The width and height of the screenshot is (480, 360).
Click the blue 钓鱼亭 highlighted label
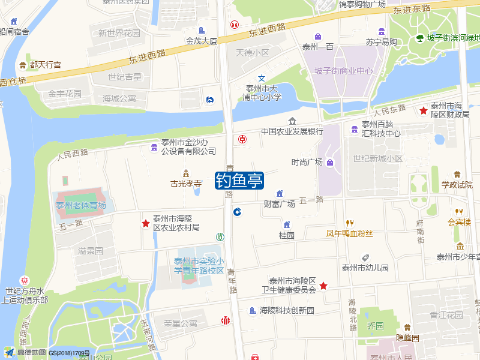click(x=239, y=180)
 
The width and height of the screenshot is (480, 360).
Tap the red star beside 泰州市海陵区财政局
click(x=424, y=110)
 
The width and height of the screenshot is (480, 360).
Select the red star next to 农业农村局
click(x=145, y=223)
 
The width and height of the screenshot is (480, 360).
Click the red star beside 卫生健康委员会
click(x=323, y=286)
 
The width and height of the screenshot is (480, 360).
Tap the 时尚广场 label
click(x=307, y=162)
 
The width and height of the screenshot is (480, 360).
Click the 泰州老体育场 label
click(x=81, y=205)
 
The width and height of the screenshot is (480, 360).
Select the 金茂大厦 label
click(x=202, y=41)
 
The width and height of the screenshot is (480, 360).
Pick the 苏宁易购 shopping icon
click(x=382, y=31)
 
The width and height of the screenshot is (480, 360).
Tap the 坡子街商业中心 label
click(x=343, y=71)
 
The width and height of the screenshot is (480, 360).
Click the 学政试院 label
click(x=457, y=184)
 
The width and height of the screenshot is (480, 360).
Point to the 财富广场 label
click(x=280, y=204)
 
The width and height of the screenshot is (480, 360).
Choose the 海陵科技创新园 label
click(x=287, y=311)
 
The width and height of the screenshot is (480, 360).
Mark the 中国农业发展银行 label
click(x=292, y=131)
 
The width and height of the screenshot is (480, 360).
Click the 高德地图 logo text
click(x=31, y=353)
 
